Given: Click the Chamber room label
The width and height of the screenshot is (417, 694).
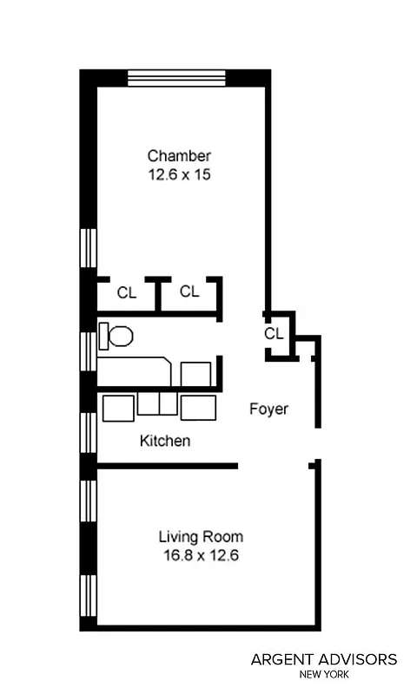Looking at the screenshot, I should (x=179, y=156).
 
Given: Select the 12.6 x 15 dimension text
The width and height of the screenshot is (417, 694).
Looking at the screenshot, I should (x=179, y=174).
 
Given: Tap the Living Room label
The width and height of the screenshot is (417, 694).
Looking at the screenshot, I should (x=201, y=536).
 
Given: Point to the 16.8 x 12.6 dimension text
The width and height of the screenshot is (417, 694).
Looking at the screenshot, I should (x=201, y=555).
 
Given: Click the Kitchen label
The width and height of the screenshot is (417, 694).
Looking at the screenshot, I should (x=165, y=441).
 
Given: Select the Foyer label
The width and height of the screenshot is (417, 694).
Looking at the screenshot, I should (x=268, y=409).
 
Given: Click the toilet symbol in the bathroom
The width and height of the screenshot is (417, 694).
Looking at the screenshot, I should (x=116, y=336).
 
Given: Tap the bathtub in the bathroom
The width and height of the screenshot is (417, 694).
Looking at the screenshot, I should (x=135, y=370).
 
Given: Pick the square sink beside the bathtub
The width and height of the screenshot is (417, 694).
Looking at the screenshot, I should (x=195, y=374).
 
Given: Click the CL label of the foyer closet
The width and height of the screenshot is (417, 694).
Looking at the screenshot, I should (x=274, y=333).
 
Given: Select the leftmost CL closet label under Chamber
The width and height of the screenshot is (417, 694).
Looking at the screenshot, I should (x=127, y=292).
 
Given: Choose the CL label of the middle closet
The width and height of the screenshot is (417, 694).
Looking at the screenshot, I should (x=189, y=291).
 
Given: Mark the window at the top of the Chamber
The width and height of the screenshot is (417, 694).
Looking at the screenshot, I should (x=177, y=78).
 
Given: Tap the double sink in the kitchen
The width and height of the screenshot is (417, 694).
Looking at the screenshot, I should (x=157, y=404).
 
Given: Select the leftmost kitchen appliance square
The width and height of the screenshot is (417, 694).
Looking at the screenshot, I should (x=118, y=407).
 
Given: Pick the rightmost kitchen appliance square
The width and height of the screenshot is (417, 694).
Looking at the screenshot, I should (x=198, y=406).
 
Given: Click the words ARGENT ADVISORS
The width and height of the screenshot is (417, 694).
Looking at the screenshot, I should (x=324, y=660).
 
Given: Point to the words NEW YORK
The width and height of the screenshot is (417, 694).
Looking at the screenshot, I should (x=324, y=674).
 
